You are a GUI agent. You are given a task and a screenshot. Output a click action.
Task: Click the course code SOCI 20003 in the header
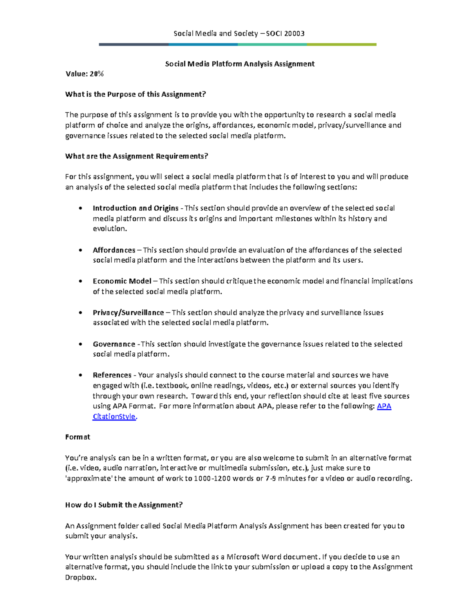pos(285,33)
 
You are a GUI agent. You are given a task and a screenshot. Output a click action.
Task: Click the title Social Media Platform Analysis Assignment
pos(240,64)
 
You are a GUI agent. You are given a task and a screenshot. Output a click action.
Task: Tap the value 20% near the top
pos(97,74)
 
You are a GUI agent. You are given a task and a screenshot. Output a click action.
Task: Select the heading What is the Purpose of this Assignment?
pos(136,94)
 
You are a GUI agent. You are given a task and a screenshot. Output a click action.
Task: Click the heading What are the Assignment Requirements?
pos(137,156)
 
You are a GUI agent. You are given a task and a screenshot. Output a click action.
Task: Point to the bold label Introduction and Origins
pos(136,208)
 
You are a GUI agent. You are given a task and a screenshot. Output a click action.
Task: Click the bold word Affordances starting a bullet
pos(114,250)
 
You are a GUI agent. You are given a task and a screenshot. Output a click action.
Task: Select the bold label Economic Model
pos(122,281)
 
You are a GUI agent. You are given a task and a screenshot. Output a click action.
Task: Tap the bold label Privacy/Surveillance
pos(128,312)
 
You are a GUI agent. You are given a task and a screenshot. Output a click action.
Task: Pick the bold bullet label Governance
pos(114,344)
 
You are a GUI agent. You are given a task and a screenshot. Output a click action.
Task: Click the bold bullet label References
pos(112,375)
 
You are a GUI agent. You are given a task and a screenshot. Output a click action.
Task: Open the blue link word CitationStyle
pos(114,417)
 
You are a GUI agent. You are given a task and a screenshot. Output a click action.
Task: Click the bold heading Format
pos(78,437)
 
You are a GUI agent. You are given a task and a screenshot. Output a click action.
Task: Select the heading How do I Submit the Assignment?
pos(124,505)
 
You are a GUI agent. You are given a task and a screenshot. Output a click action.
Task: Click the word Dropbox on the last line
pos(80,577)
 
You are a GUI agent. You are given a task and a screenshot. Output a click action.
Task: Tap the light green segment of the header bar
pos(342,45)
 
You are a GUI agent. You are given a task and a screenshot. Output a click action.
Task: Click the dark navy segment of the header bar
pos(134,45)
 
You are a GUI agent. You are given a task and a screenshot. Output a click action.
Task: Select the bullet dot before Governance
pos(80,344)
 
